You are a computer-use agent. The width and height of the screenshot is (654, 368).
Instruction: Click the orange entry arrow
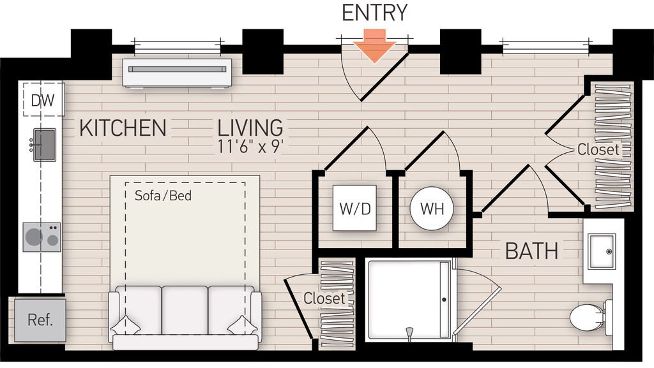click(376, 45)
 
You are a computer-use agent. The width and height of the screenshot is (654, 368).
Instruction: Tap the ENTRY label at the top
click(375, 13)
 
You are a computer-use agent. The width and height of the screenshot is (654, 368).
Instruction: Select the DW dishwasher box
click(43, 100)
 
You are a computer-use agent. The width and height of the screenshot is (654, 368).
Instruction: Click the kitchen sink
click(44, 144)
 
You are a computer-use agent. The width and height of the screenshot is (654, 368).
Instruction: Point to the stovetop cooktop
click(42, 237)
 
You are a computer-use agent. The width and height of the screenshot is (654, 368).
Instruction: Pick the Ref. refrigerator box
click(40, 320)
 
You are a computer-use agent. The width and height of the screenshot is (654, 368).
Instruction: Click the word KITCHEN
click(123, 128)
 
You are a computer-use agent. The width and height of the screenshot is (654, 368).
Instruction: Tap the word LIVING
click(250, 128)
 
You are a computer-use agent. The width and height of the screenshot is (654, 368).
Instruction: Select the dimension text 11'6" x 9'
click(250, 146)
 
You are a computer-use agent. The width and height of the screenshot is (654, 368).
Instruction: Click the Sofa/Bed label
click(163, 195)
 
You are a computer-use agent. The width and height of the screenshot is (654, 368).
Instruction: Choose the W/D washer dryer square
click(355, 209)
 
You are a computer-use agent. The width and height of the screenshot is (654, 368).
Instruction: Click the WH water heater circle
click(431, 209)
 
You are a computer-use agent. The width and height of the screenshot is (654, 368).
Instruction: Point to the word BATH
click(531, 251)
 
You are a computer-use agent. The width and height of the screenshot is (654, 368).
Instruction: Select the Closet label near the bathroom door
click(598, 149)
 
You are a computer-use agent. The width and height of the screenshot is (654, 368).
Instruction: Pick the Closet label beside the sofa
click(324, 298)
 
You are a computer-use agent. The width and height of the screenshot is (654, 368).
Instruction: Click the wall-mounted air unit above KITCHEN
click(177, 73)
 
